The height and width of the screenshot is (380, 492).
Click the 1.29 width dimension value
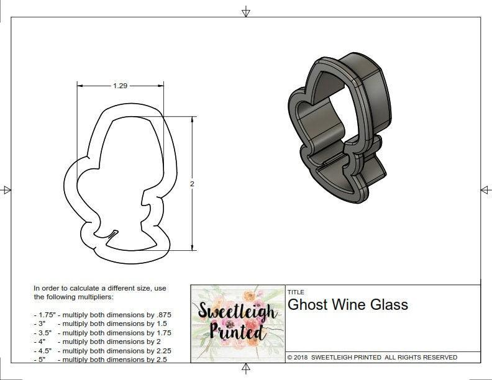(121, 86)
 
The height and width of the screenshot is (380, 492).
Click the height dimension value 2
(192, 184)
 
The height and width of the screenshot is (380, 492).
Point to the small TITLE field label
(296, 292)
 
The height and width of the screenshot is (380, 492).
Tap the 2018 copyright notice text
(372, 357)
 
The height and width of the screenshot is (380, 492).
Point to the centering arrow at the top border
(246, 11)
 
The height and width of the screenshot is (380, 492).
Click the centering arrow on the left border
(6, 190)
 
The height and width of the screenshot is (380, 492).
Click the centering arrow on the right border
(485, 190)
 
